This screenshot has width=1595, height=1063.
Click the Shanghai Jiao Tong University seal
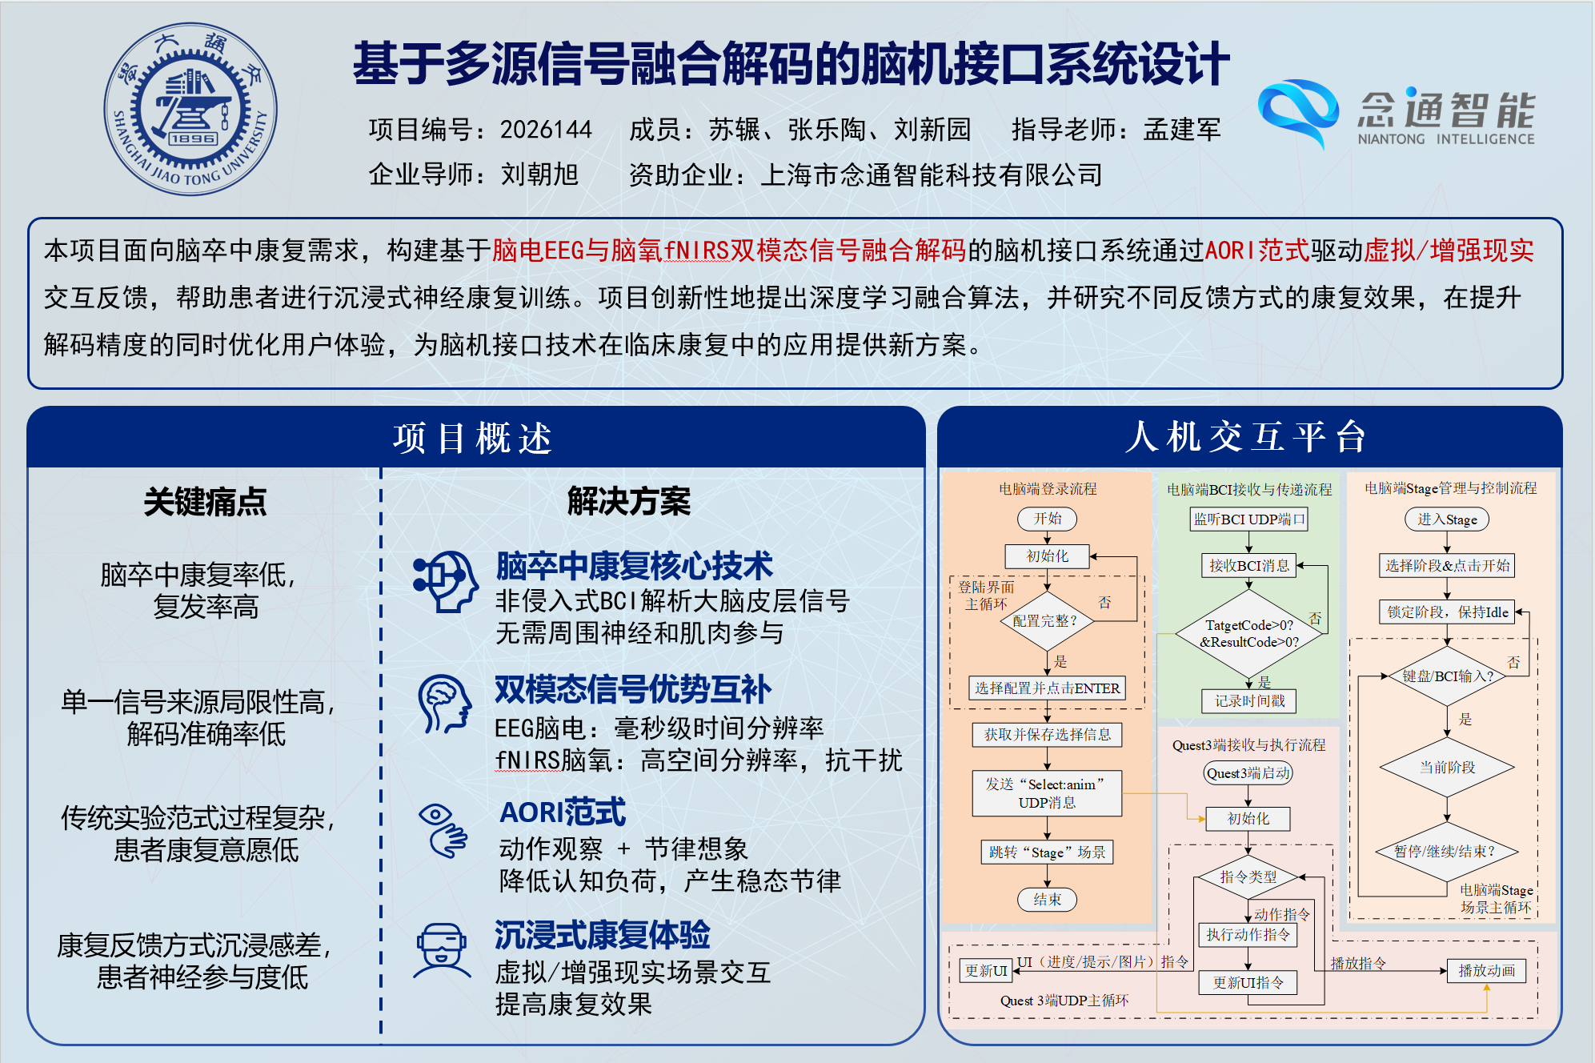click(x=190, y=109)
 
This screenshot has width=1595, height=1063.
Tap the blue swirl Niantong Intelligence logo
click(x=1298, y=112)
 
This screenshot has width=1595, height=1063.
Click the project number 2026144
click(x=546, y=129)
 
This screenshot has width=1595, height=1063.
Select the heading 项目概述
click(x=473, y=438)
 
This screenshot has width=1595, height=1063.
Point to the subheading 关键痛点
click(x=205, y=502)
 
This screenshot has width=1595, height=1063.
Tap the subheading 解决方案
click(x=629, y=501)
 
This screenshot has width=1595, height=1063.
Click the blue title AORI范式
click(x=563, y=812)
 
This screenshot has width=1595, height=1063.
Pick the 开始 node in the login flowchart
click(x=1047, y=519)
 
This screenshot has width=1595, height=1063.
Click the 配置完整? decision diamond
click(x=1046, y=620)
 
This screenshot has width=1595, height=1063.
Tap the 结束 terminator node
click(x=1047, y=899)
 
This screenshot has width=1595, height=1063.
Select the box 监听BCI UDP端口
click(x=1248, y=519)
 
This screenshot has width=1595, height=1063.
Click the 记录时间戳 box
click(x=1249, y=701)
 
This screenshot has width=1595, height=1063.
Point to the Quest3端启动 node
click(x=1248, y=772)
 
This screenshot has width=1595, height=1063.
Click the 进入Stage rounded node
click(x=1447, y=519)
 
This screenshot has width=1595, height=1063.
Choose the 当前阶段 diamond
click(x=1447, y=767)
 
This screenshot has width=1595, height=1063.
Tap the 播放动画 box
click(x=1486, y=971)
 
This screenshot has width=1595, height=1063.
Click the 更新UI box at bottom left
click(x=986, y=971)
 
